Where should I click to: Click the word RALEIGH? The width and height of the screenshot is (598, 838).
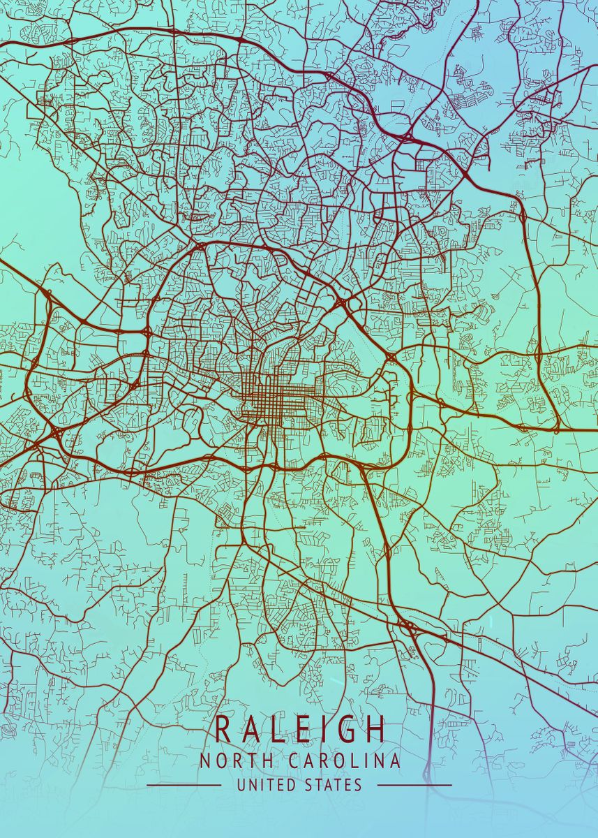[x=299, y=729]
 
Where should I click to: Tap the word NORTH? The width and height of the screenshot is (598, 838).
[x=227, y=761]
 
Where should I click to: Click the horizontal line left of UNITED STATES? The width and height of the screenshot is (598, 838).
[x=184, y=785]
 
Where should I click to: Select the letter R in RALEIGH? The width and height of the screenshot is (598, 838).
[x=223, y=729]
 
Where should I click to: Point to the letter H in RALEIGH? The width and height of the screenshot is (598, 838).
[x=375, y=729]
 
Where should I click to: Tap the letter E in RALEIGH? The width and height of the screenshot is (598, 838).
[x=299, y=729]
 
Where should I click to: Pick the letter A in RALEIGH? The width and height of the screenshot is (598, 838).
[x=249, y=729]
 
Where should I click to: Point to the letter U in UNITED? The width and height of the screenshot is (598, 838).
[x=241, y=785]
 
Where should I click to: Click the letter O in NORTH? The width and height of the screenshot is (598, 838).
[x=216, y=761]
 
